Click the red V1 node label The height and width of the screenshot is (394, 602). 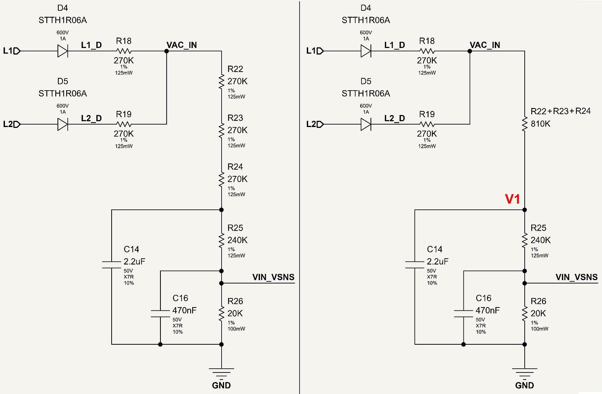(x=513, y=199)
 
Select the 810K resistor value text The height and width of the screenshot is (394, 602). (x=540, y=124)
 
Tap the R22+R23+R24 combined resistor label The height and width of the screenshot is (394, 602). (x=561, y=111)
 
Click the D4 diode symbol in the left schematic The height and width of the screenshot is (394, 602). (x=62, y=51)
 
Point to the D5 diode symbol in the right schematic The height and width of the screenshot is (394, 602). (x=366, y=124)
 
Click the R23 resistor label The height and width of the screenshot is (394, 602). (x=235, y=118)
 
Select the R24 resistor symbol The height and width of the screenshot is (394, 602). (x=221, y=179)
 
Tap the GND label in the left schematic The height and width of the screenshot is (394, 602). (x=221, y=385)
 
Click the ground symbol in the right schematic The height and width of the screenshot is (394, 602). (x=525, y=372)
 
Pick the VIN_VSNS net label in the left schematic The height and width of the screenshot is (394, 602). (x=273, y=277)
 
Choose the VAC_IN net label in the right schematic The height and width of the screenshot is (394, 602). (x=485, y=45)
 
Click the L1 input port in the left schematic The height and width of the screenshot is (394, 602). (x=12, y=51)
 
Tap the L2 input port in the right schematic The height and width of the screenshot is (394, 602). (x=315, y=124)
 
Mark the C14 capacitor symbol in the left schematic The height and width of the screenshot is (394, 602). (x=112, y=264)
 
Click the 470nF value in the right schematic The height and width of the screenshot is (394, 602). (x=487, y=310)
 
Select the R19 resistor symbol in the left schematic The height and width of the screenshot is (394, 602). (x=124, y=124)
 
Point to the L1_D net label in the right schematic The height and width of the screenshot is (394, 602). (x=394, y=45)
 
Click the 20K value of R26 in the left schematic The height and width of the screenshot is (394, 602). (x=235, y=313)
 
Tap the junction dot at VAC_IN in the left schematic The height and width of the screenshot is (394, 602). (x=167, y=51)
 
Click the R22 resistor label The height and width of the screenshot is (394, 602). (x=235, y=69)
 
